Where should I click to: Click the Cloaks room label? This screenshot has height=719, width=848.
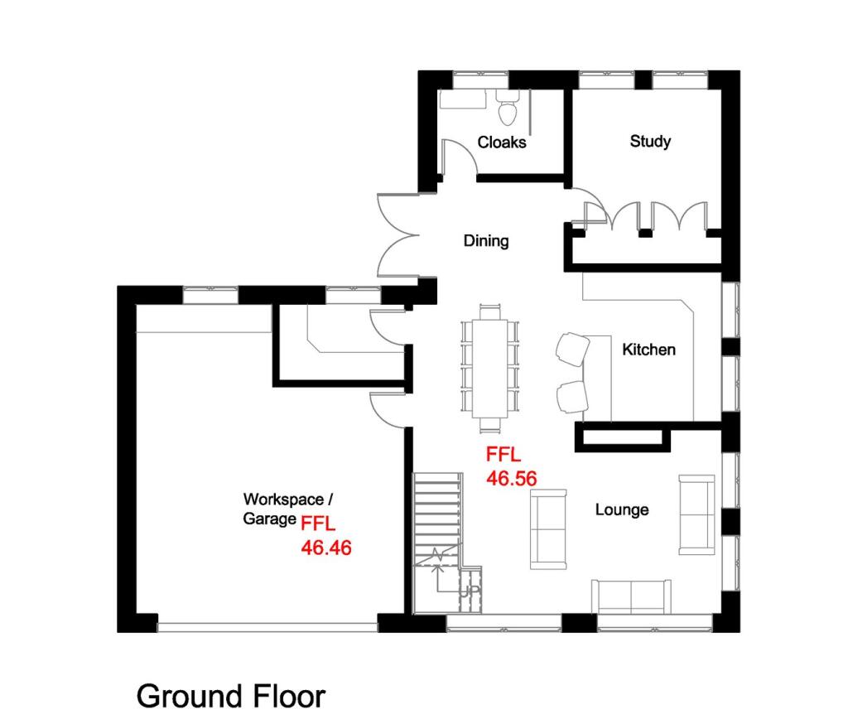tap(502, 142)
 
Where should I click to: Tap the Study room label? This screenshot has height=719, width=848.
tap(650, 141)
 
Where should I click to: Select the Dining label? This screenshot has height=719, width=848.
tap(486, 242)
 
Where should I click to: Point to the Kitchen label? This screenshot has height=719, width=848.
tap(648, 350)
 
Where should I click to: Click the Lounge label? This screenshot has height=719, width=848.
tap(621, 509)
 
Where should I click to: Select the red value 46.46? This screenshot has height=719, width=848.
tap(326, 548)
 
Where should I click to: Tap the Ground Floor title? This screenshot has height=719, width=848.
tap(231, 695)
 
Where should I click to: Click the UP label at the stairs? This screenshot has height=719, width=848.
tap(470, 591)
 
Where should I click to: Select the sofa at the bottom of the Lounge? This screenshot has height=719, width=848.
tap(632, 596)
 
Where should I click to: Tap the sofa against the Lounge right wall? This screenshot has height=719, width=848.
tap(696, 514)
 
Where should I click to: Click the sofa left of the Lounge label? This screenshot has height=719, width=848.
tap(548, 528)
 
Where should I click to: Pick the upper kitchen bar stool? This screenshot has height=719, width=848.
tap(571, 348)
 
